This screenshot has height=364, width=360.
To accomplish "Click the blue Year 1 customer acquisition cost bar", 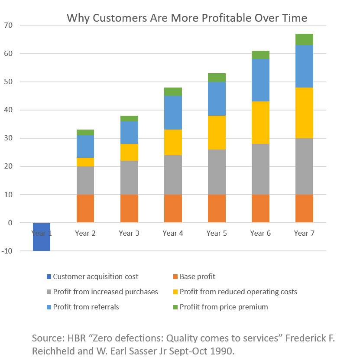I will coord(42,237).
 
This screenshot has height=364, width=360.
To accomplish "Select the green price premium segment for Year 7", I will coord(304,39).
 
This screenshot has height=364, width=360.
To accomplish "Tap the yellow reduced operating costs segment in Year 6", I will coord(260,123).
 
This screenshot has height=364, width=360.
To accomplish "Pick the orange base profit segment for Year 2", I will coord(85,208).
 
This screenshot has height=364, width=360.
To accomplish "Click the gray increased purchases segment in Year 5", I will coord(217,172).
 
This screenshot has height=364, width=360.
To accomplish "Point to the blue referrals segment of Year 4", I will coord(173,113).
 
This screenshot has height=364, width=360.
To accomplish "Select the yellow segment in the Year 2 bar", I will coord(85,162).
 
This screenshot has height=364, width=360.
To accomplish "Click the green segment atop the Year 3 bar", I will coord(129,118).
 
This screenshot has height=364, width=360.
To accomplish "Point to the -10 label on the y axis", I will coord(8,251).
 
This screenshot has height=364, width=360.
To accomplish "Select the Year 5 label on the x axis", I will coord(217,234).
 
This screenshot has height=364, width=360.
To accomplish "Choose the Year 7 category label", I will coord(304,234).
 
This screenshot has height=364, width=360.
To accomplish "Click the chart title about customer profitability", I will coord(187,18).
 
